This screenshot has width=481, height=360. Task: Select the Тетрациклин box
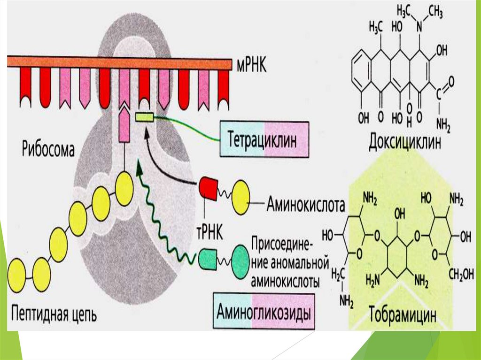tap(264, 139)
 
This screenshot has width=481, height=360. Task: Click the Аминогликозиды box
tap(264, 312)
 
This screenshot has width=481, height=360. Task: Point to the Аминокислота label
tap(306, 205)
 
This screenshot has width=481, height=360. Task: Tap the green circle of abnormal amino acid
tap(240, 258)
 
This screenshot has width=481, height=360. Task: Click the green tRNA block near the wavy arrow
tap(207, 258)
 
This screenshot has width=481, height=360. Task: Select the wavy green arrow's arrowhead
tap(140, 168)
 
